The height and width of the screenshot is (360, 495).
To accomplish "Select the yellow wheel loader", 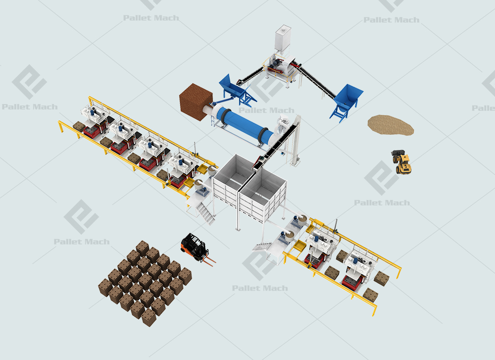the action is (401, 162).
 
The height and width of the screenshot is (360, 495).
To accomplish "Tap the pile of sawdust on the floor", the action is (391, 125).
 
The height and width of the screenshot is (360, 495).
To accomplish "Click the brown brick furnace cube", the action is (196, 102).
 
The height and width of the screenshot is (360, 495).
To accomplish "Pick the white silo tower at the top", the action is (283, 39).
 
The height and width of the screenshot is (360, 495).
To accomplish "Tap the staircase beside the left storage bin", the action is (205, 213).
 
